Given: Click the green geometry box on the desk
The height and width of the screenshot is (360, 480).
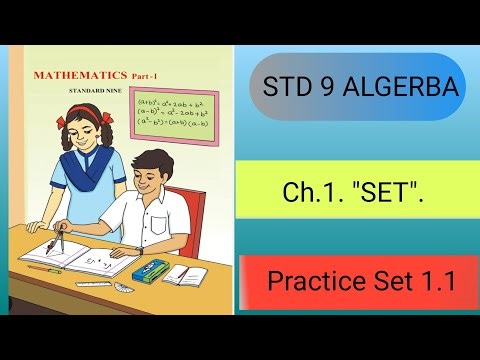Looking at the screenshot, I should click(151, 273).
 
